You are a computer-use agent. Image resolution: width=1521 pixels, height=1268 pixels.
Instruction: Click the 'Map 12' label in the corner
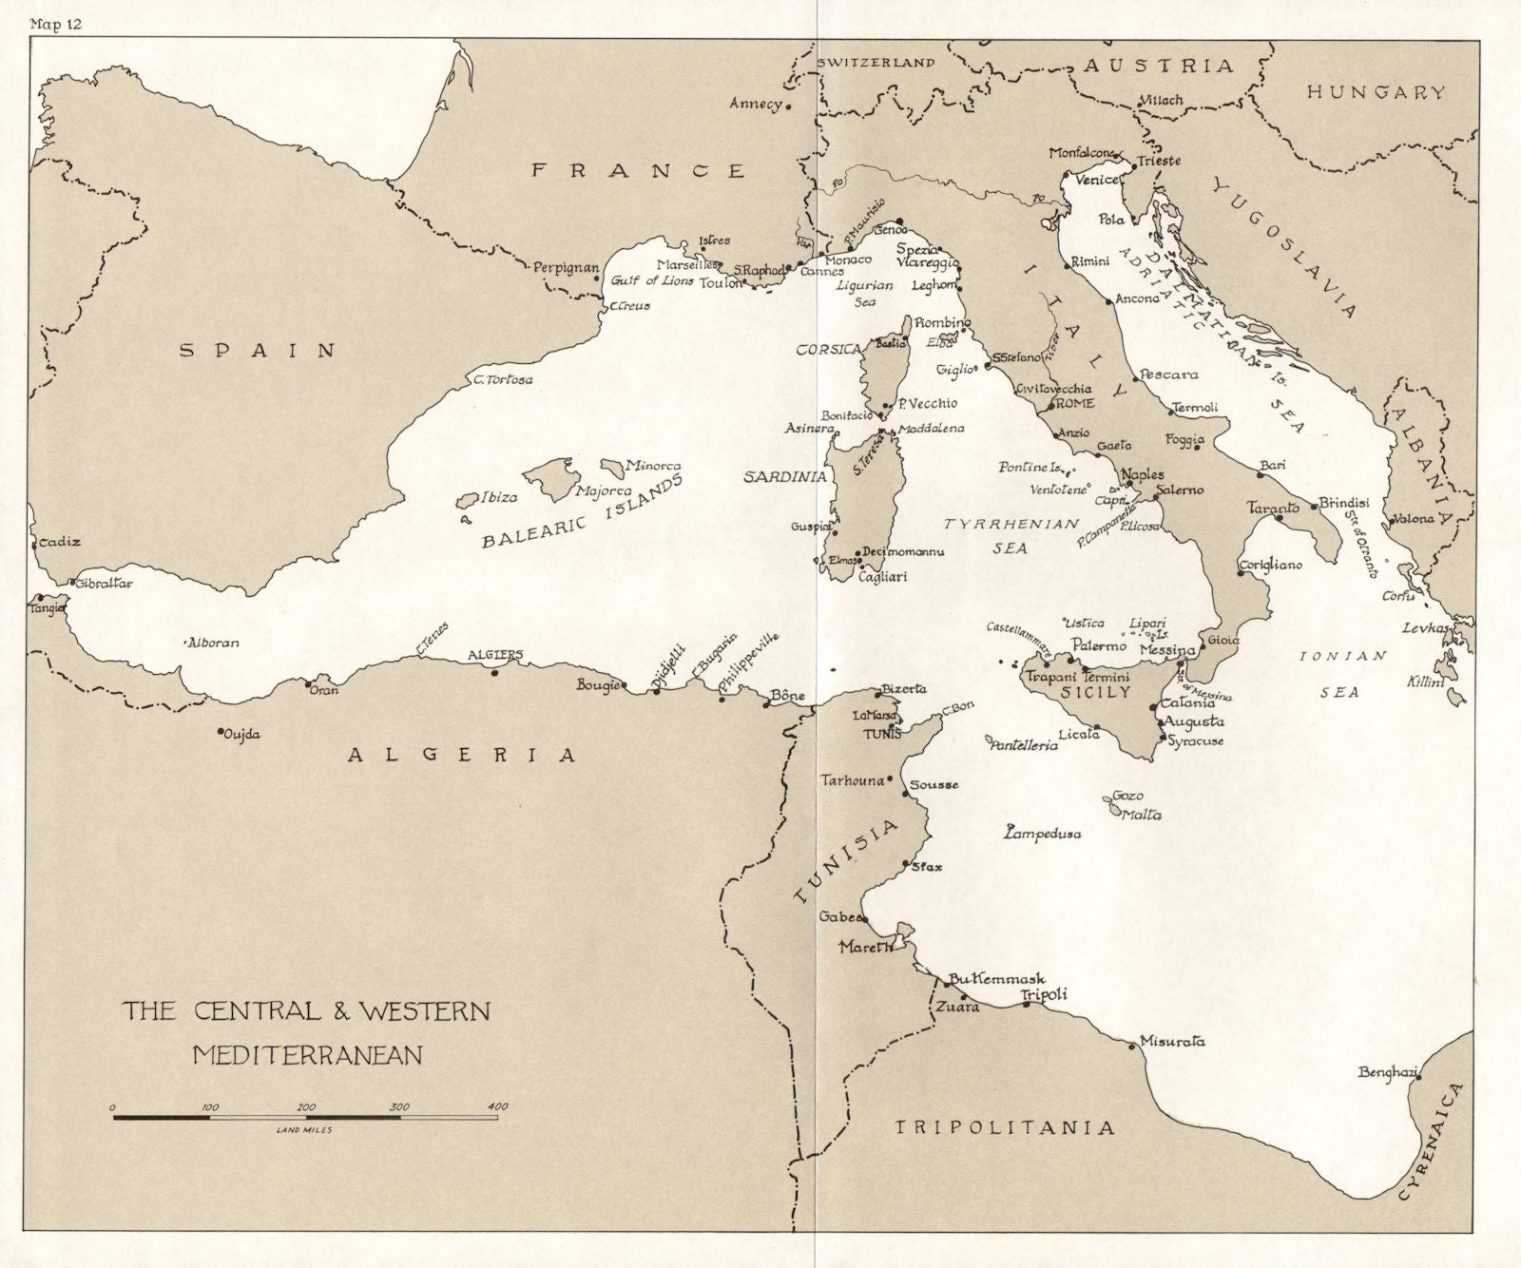pos(56,25)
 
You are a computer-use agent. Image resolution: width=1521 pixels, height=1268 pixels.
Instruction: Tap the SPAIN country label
pos(259,350)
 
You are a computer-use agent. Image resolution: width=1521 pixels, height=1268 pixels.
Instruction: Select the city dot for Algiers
pos(494,672)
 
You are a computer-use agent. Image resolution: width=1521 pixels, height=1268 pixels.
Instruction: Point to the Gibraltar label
pos(104,584)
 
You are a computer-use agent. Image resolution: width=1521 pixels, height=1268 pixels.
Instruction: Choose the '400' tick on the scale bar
pos(496,1105)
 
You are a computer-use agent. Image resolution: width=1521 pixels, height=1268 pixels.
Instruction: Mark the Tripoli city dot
pos(1027,1004)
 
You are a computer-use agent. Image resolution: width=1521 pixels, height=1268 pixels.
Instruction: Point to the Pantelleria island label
pos(1025,746)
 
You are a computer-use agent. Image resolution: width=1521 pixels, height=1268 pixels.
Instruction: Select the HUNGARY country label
pos(1376,92)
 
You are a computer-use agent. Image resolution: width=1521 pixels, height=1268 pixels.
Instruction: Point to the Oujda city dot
pos(221,731)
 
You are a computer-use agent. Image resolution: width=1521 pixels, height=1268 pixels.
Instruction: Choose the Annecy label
pos(756,104)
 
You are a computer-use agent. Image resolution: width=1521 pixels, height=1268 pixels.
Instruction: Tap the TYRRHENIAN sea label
pos(1011,524)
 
